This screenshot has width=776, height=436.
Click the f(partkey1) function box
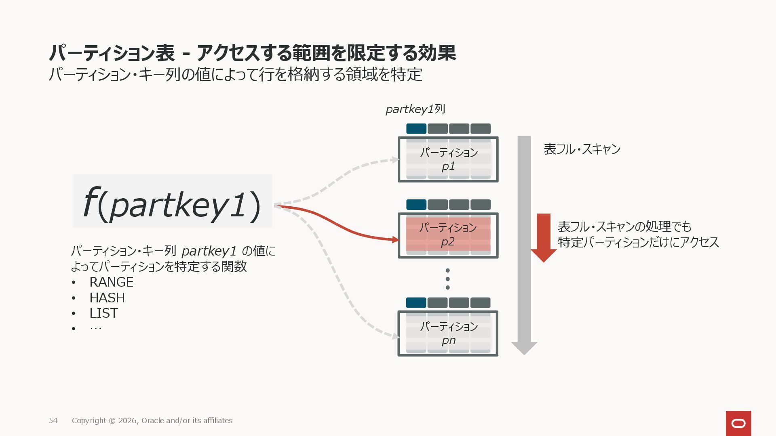[x=172, y=201]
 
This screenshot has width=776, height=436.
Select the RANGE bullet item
[x=111, y=282]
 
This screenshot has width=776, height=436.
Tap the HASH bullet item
[x=107, y=298]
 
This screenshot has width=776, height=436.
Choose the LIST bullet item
[x=103, y=313]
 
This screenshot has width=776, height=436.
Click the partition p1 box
[x=448, y=159]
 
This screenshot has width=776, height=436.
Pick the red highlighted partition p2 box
[x=448, y=235]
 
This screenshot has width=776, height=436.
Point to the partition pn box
[x=448, y=333]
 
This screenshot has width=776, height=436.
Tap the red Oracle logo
[x=738, y=423]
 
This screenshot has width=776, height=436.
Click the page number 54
[x=53, y=421]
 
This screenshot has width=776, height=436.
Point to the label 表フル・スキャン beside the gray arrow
[x=582, y=149]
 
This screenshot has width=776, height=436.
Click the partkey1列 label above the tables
[x=415, y=109]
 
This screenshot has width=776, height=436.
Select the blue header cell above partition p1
[x=416, y=129]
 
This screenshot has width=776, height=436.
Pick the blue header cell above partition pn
[x=416, y=303]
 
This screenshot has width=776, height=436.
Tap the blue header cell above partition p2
[x=416, y=205]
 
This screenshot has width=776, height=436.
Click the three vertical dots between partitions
[x=447, y=279]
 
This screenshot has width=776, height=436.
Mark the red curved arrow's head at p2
[x=395, y=240]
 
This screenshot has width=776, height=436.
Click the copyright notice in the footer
[x=152, y=421]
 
